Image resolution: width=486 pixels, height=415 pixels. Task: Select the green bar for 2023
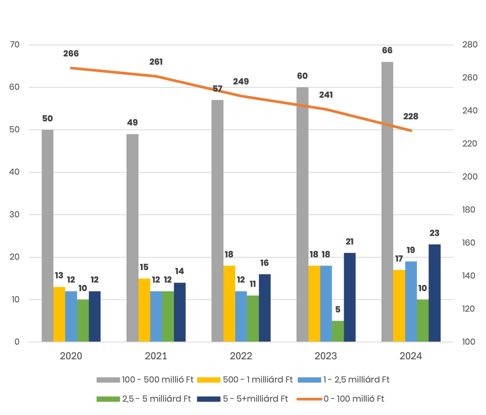coord(338,331)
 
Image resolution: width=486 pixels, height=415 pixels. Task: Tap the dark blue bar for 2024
coord(434,293)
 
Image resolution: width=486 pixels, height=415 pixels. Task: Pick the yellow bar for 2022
coord(229,303)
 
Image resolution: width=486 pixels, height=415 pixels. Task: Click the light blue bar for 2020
coord(71,316)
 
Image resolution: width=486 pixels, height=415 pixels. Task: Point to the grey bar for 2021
coord(132,238)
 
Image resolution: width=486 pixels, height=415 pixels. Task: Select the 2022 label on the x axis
coord(241,356)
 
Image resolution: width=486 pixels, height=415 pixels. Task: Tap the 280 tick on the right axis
coord(470,45)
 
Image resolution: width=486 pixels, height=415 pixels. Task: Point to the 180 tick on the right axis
coord(470,210)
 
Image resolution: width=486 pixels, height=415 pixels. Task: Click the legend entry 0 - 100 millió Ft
coord(354,399)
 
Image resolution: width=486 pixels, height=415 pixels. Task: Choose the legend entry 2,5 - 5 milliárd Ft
coord(156,399)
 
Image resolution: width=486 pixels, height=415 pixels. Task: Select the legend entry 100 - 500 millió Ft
coord(157,380)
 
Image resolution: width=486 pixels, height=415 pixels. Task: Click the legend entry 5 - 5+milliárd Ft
coord(255,399)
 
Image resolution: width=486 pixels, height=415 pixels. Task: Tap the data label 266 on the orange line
coord(71,54)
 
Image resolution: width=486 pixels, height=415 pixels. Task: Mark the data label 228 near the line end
coord(411,117)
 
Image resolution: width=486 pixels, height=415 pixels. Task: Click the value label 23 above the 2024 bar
coord(434,233)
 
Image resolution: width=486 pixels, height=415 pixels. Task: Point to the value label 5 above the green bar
coord(338,310)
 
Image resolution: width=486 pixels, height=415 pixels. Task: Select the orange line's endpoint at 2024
coord(411,131)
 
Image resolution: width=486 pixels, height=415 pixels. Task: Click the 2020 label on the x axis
coord(71,356)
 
